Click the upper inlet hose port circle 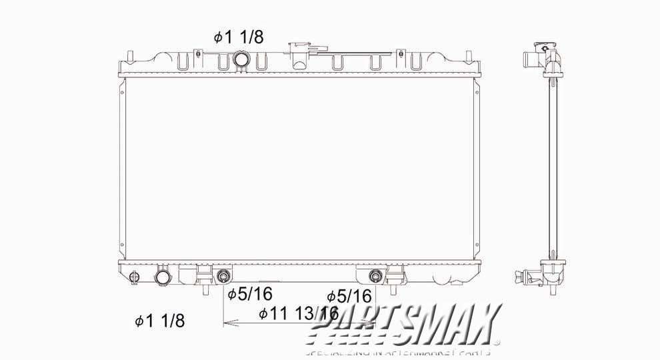pos(241,61)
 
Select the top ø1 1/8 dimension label pos(238,37)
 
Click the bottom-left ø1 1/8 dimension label pos(159,321)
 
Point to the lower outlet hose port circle pos(163,277)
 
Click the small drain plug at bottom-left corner pos(135,277)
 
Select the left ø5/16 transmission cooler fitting pos(223,276)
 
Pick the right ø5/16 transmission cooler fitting pos(376,276)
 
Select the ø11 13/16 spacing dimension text pos(298,312)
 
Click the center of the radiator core pos(299,168)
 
